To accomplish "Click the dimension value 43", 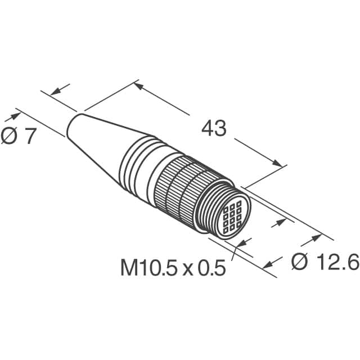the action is (214, 128).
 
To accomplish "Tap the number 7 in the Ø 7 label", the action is (29, 136).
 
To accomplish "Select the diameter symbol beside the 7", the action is (9, 136).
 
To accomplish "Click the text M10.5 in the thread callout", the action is (149, 268).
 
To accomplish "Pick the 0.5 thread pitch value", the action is (211, 268).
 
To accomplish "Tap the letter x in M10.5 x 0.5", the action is (188, 269).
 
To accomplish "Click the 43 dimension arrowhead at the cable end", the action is (139, 86).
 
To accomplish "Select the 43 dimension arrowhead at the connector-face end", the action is (277, 163).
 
